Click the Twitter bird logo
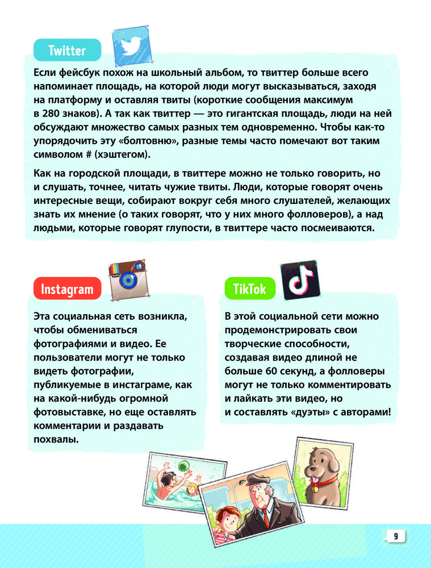pos(133,45)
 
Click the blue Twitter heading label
pos(67,51)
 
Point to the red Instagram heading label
pos(67,289)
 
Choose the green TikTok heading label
pos(250,289)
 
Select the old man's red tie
pos(265,520)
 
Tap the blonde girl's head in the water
pos(192,489)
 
